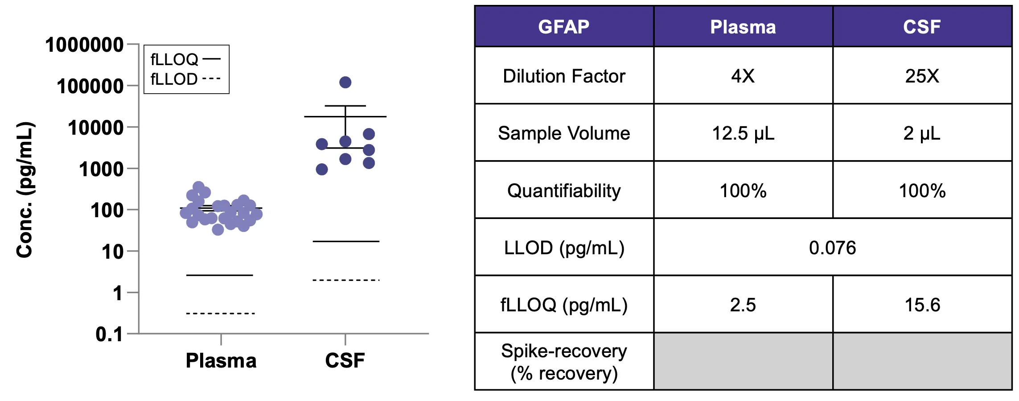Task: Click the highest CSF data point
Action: click(345, 82)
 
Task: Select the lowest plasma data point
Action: click(218, 230)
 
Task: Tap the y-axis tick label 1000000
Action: click(84, 45)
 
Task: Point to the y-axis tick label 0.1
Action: click(109, 334)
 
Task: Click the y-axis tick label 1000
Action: click(101, 169)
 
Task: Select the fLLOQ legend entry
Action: click(185, 59)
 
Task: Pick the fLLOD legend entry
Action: click(185, 79)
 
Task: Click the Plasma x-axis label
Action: click(221, 360)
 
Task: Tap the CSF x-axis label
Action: click(345, 360)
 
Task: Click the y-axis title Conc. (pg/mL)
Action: click(25, 190)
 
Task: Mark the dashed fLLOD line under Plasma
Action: click(220, 314)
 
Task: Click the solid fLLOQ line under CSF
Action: click(346, 241)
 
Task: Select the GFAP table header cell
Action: click(564, 27)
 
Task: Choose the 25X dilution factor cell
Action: click(922, 76)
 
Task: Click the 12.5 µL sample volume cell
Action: click(743, 133)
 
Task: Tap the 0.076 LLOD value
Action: click(832, 248)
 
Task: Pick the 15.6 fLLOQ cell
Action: click(922, 305)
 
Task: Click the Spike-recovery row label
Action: click(564, 362)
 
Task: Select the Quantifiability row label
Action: click(564, 190)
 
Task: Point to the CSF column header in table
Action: click(922, 27)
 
